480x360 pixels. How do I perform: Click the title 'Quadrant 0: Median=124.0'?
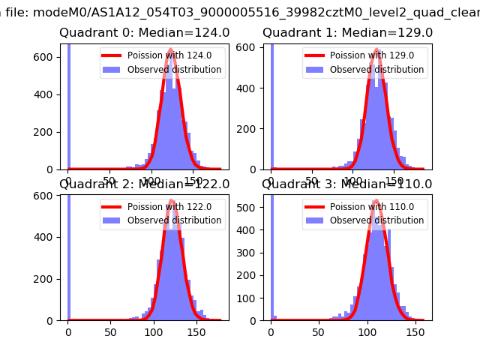145,33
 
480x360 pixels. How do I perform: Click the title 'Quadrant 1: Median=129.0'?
347,33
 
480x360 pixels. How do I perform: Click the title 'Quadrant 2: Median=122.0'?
145,184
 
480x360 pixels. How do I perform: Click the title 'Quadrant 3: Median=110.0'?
347,184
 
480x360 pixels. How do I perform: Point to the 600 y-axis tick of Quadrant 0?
46,58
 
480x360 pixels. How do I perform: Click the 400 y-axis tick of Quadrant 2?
46,237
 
